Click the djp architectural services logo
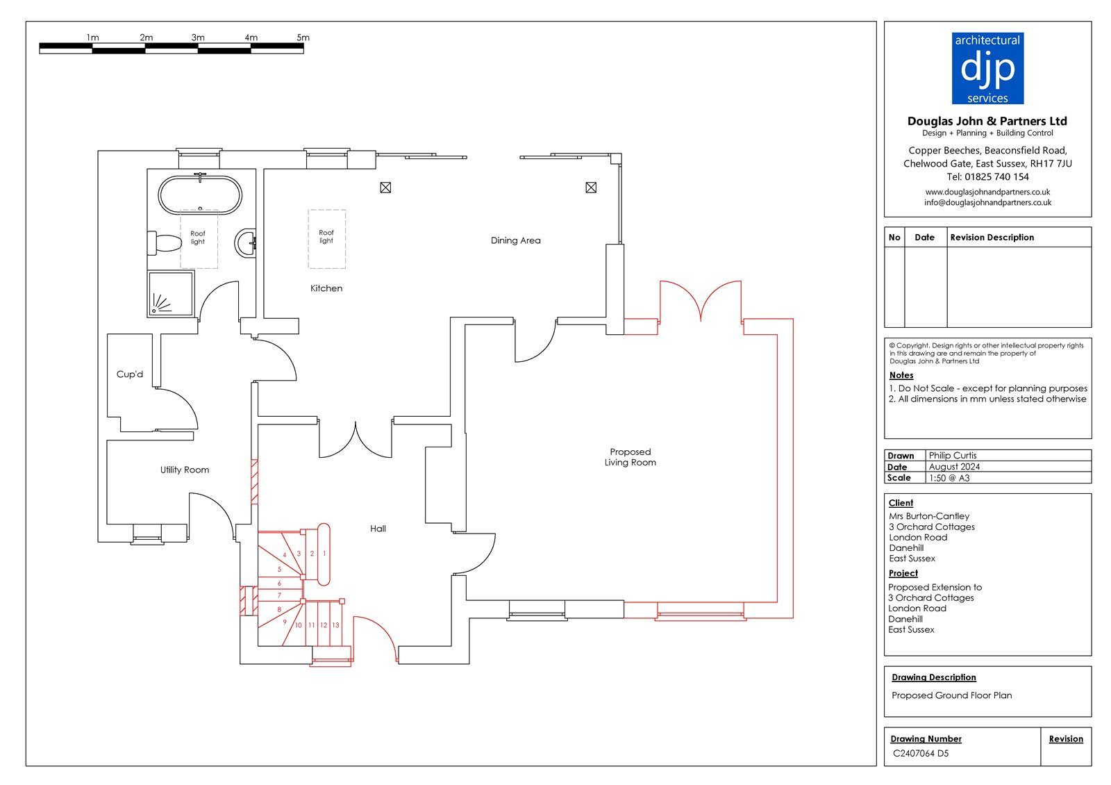click(x=987, y=69)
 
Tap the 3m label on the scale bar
click(x=198, y=38)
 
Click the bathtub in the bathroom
click(x=200, y=195)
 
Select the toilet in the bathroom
click(x=165, y=243)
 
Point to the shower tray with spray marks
click(x=170, y=294)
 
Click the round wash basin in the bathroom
click(x=246, y=243)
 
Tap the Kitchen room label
click(x=326, y=288)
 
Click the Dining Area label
click(x=515, y=240)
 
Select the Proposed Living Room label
click(x=630, y=457)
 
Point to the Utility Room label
click(x=185, y=470)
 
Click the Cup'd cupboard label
click(x=129, y=374)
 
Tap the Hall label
click(x=378, y=529)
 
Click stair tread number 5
click(x=279, y=569)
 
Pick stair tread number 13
click(x=336, y=625)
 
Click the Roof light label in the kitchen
click(x=326, y=237)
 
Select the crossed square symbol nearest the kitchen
click(x=385, y=188)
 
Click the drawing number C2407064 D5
click(x=921, y=753)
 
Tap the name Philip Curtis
click(x=952, y=456)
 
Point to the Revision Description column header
click(x=992, y=237)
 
